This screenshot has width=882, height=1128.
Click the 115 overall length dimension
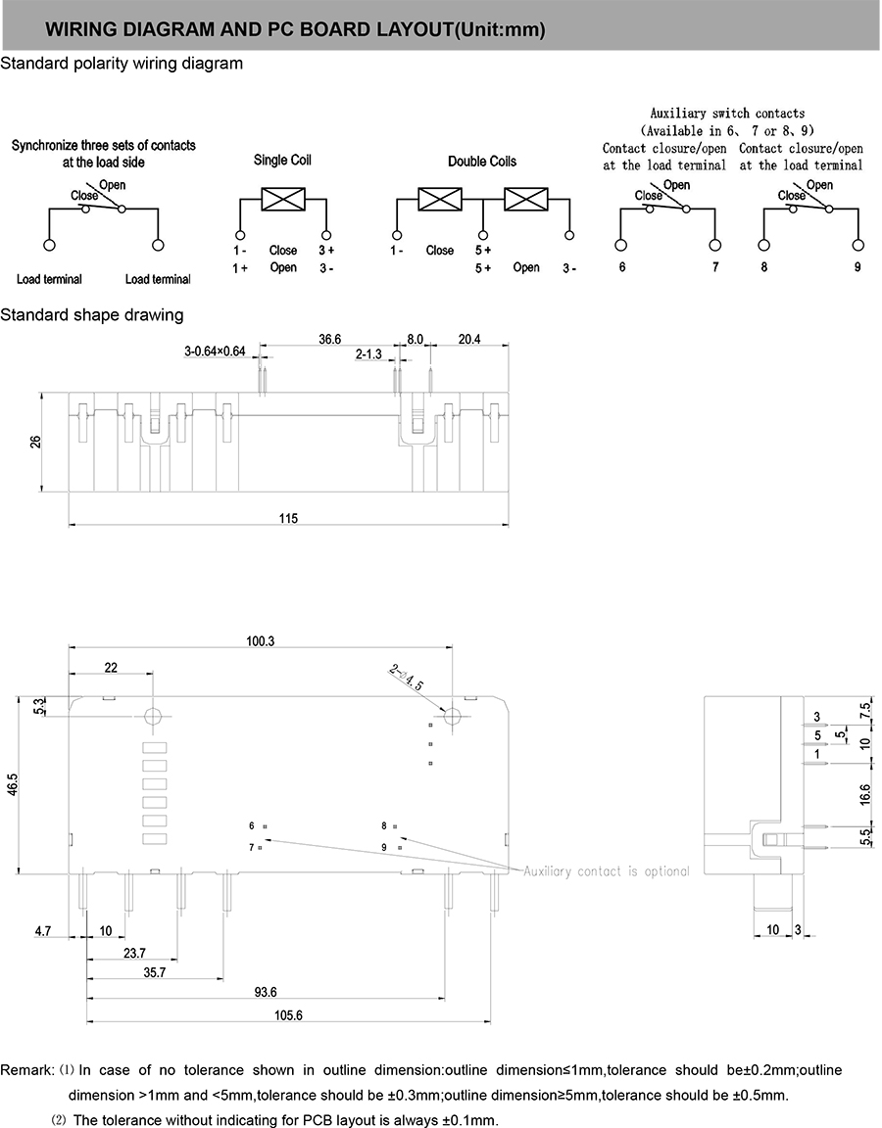point(287,518)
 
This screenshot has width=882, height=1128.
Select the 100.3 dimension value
point(261,641)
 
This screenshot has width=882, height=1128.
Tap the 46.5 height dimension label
point(14,784)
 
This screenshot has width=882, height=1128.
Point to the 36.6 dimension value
point(329,339)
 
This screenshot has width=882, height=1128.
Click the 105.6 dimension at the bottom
point(288,1015)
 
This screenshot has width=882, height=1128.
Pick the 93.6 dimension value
point(266,992)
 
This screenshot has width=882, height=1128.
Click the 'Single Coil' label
point(282,160)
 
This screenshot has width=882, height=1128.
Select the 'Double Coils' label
point(482,161)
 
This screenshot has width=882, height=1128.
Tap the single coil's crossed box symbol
point(283,199)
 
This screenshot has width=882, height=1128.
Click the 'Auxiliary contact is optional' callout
point(607,871)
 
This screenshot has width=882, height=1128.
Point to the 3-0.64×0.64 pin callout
point(215,351)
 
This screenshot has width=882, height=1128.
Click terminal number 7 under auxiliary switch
point(715,267)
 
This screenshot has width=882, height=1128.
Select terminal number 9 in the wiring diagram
point(857,267)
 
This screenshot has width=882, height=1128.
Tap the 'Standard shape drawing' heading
point(92,314)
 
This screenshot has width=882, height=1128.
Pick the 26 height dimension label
point(35,442)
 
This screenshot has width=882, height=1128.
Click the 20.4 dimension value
point(469,339)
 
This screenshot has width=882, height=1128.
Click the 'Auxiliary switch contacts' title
point(727,114)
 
